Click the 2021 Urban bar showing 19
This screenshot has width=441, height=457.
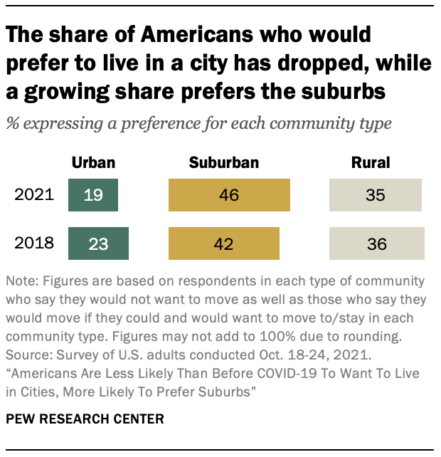coord(93,195)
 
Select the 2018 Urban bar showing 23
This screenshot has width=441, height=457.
coord(99,243)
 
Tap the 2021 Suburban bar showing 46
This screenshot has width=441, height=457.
coord(229,195)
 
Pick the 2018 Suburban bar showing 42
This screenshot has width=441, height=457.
coord(224,243)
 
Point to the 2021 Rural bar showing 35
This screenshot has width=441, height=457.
coord(376,195)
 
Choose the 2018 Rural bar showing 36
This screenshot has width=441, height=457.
coord(377,243)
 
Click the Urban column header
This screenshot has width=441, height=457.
coord(93,163)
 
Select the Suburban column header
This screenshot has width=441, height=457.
coord(224,163)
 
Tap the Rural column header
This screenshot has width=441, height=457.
coord(371,163)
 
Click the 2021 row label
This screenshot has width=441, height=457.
coord(35,195)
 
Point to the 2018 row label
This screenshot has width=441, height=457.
coord(35,243)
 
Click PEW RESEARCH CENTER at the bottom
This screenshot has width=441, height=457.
coord(85,419)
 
